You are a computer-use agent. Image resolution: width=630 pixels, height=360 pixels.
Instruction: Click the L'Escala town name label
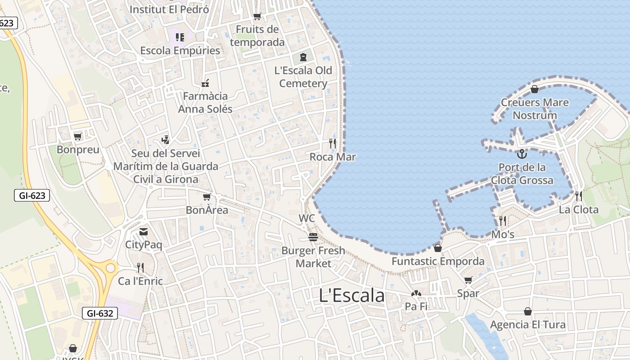tap(352, 296)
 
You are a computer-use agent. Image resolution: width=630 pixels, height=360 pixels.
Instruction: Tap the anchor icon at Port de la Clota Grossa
tap(522, 154)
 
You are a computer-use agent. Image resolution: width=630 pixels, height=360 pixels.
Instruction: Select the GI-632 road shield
tap(100, 313)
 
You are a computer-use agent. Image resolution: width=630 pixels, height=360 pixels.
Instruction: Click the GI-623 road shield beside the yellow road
tap(32, 195)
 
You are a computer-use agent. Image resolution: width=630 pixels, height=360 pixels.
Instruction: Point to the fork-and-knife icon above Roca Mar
tap(333, 144)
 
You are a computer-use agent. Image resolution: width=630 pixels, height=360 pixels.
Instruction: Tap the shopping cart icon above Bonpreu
tap(78, 136)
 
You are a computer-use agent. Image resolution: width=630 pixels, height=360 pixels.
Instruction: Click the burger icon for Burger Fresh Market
tap(313, 237)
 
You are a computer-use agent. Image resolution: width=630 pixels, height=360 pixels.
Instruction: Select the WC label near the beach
tap(307, 219)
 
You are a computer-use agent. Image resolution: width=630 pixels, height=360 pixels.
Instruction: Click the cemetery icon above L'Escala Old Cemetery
tap(303, 57)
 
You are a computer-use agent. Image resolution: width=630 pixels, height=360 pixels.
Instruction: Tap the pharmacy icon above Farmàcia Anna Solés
tap(205, 83)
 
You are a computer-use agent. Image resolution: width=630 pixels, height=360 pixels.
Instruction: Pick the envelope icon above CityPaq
tap(143, 232)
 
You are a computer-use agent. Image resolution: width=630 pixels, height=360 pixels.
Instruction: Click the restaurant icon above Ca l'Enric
tap(140, 268)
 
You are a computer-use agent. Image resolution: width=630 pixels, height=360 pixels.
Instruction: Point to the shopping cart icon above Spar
tap(468, 280)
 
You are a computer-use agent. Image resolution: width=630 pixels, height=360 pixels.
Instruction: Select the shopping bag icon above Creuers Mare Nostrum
tap(535, 89)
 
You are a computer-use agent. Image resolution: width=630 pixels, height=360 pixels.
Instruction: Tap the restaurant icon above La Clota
tap(578, 196)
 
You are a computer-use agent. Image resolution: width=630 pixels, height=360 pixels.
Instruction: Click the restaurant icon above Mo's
tap(502, 220)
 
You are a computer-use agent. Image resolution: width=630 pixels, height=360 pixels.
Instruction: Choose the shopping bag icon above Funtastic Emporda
tap(437, 248)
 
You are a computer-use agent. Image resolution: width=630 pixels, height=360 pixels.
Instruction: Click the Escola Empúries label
tap(180, 50)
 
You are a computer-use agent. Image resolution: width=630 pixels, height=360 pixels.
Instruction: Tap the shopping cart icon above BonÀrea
tap(207, 197)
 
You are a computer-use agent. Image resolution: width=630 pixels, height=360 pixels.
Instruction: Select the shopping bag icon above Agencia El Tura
tap(528, 311)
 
